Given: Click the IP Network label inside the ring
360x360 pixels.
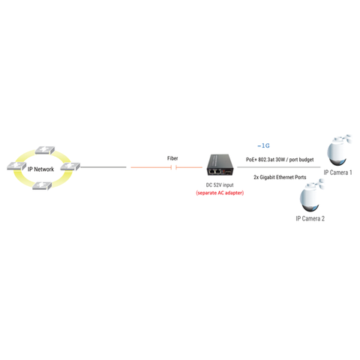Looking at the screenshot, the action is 40,169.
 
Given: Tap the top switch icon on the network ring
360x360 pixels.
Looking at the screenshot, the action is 45,150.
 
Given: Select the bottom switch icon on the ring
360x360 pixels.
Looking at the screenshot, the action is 42,186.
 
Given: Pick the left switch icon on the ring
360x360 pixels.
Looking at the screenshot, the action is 16,166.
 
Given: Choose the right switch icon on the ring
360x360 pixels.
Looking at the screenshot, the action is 70,166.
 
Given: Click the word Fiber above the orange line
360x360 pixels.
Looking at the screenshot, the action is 172,158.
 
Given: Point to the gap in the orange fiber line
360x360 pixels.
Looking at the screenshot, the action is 174,167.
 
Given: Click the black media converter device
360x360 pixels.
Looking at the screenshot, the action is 220,165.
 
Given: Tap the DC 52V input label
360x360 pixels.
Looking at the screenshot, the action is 220,185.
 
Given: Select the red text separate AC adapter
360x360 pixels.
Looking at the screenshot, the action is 220,193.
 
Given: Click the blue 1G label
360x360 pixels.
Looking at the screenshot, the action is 263,145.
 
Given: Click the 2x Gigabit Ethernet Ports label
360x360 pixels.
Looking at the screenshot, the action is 280,177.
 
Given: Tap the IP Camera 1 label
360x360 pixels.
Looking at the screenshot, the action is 337,172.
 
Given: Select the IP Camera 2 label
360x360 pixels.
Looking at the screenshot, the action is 310,219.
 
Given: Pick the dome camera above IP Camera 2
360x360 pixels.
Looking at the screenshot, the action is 311,196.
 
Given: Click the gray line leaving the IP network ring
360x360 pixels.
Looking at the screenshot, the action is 103,167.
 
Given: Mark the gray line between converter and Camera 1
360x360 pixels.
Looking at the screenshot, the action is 279,167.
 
